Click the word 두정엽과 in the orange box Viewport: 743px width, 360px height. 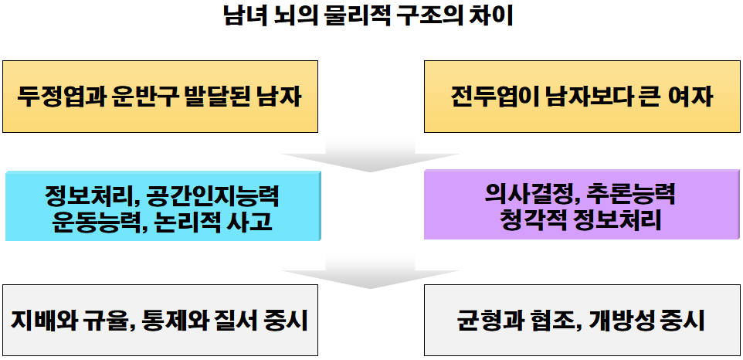pos(60,97)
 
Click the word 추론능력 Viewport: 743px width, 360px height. pos(631,193)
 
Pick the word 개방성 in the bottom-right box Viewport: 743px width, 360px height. pos(616,319)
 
